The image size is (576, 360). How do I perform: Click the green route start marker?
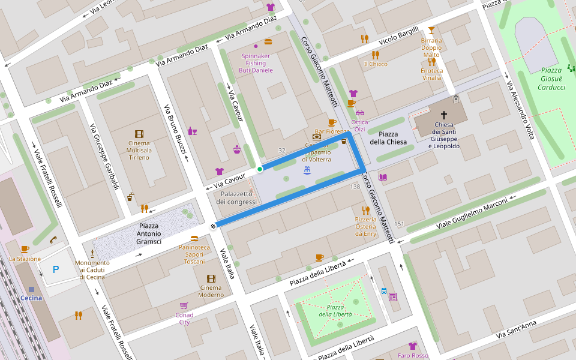(260, 169)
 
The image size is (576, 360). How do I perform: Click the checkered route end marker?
(213, 226)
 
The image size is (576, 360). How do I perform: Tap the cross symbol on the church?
(444, 114)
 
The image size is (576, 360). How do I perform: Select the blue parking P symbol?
(56, 270)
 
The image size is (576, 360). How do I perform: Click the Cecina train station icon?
(31, 289)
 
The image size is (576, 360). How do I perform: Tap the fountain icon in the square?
(307, 171)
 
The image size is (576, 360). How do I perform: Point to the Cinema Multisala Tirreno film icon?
(139, 134)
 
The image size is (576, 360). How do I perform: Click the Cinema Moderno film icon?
(211, 278)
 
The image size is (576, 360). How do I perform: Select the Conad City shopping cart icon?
(184, 305)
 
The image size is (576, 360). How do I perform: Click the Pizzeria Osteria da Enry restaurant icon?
(365, 210)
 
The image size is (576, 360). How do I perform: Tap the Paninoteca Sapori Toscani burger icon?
(194, 238)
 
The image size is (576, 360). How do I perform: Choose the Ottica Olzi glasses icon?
(360, 113)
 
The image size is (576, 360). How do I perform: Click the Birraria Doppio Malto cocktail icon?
(431, 30)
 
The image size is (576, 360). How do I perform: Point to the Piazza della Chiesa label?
(392, 137)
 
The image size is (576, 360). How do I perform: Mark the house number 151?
(399, 224)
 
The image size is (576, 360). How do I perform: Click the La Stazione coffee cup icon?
(25, 249)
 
